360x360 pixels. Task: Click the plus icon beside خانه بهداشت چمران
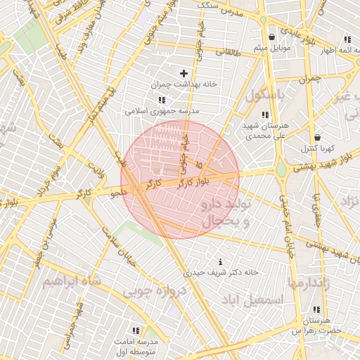point(184,73)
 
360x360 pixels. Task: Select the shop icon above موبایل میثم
point(271,37)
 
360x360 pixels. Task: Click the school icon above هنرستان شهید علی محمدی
point(265,115)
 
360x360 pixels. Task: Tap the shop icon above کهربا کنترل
point(317,138)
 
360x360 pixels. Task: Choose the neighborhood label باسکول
point(266,94)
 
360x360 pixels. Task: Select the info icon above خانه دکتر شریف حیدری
point(221,262)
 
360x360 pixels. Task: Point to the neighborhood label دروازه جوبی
point(155,290)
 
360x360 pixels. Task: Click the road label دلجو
point(117,191)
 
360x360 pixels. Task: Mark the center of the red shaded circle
point(180,180)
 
